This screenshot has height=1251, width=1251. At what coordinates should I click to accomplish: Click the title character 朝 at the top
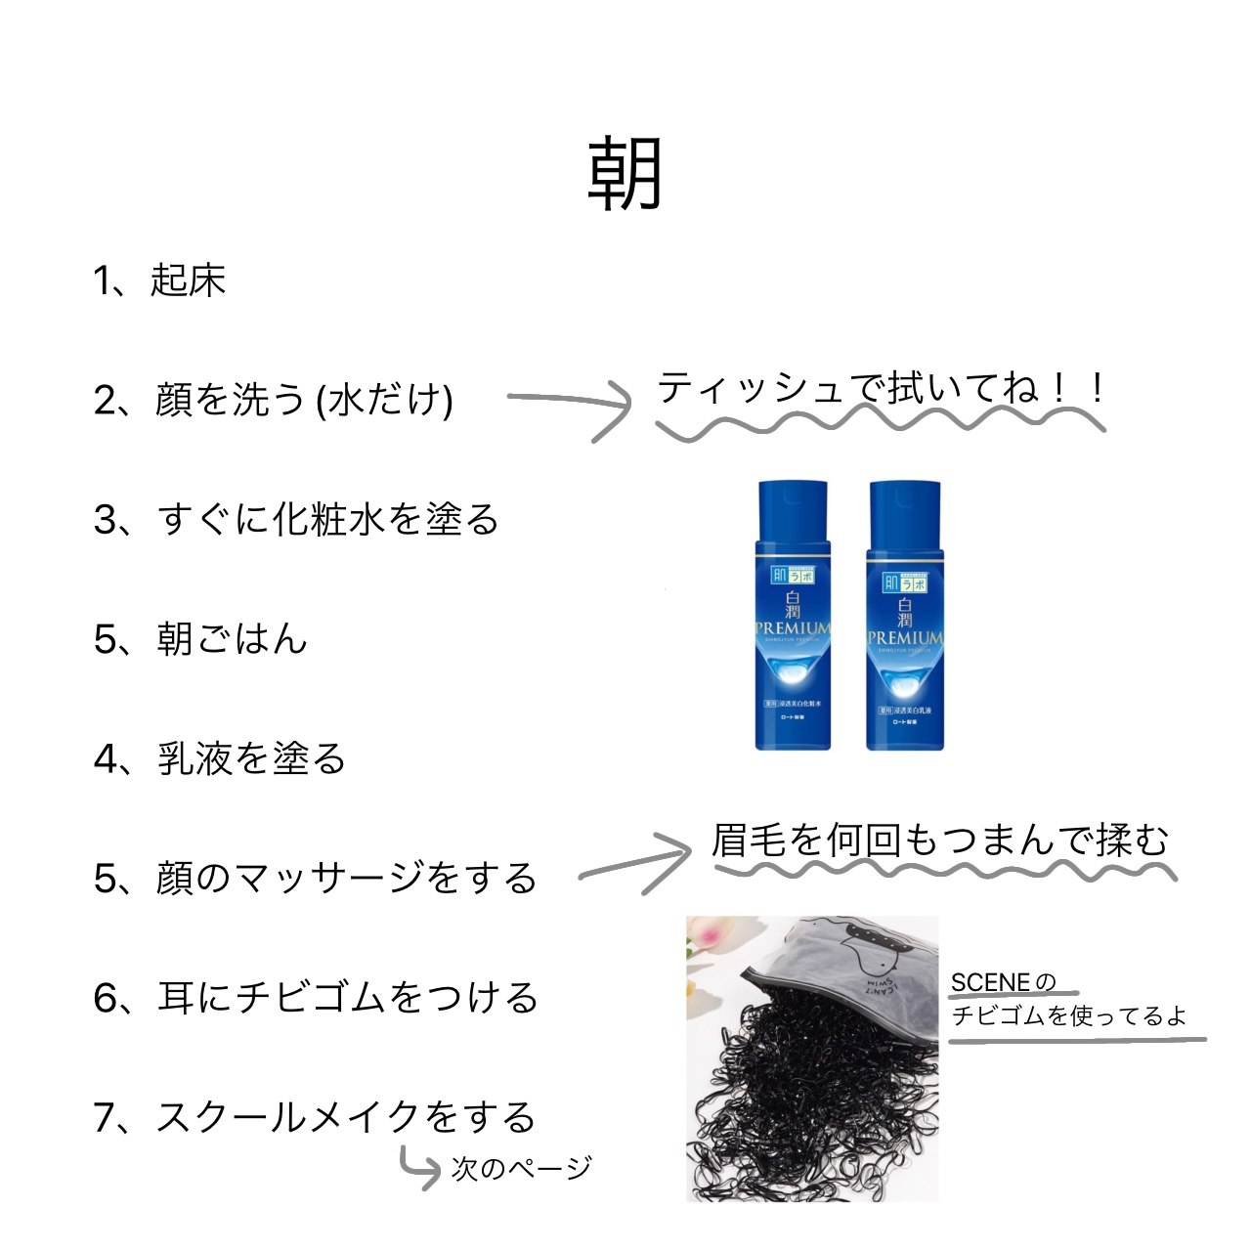[625, 174]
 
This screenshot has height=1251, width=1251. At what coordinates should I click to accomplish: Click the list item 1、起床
[160, 280]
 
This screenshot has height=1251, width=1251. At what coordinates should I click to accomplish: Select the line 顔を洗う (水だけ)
[274, 400]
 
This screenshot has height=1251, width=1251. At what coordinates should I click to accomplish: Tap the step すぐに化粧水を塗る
[296, 519]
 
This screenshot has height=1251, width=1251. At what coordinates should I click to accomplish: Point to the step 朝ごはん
[201, 639]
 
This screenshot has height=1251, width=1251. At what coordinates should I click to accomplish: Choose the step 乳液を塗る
[221, 758]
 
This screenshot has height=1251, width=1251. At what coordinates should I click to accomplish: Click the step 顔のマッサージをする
[315, 878]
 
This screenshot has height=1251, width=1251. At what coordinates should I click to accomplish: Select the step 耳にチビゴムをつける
[316, 997]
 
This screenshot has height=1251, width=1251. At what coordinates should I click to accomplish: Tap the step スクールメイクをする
[315, 1116]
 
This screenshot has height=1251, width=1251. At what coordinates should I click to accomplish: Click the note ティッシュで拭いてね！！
[880, 389]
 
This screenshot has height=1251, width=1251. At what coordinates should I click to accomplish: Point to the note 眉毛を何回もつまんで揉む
[940, 840]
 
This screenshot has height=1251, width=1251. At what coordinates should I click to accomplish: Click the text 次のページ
[521, 1168]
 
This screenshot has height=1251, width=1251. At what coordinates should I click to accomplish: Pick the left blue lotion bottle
[793, 616]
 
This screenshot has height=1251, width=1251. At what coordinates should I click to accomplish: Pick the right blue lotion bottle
[904, 616]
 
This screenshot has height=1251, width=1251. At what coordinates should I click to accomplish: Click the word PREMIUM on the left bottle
[793, 627]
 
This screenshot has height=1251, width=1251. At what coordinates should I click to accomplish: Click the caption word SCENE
[990, 982]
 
